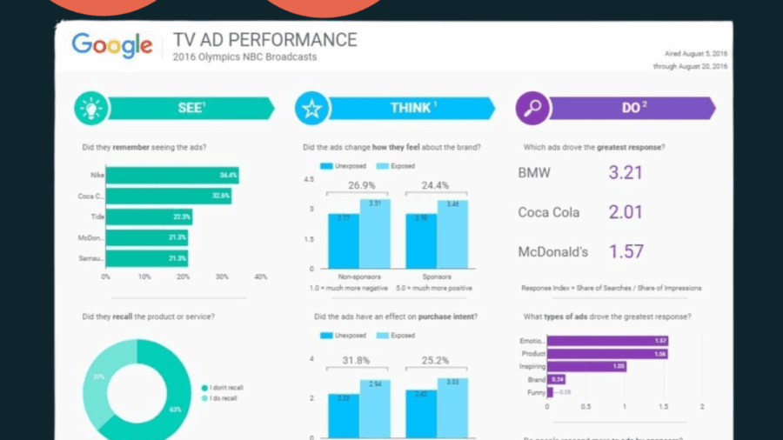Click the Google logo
(111, 45)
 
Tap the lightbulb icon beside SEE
(90, 109)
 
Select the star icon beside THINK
(311, 109)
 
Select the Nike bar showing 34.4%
(172, 176)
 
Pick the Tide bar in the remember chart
(149, 217)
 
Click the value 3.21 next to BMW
(625, 172)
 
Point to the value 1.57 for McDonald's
(626, 252)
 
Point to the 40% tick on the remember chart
(260, 277)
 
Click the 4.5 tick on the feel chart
(308, 179)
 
